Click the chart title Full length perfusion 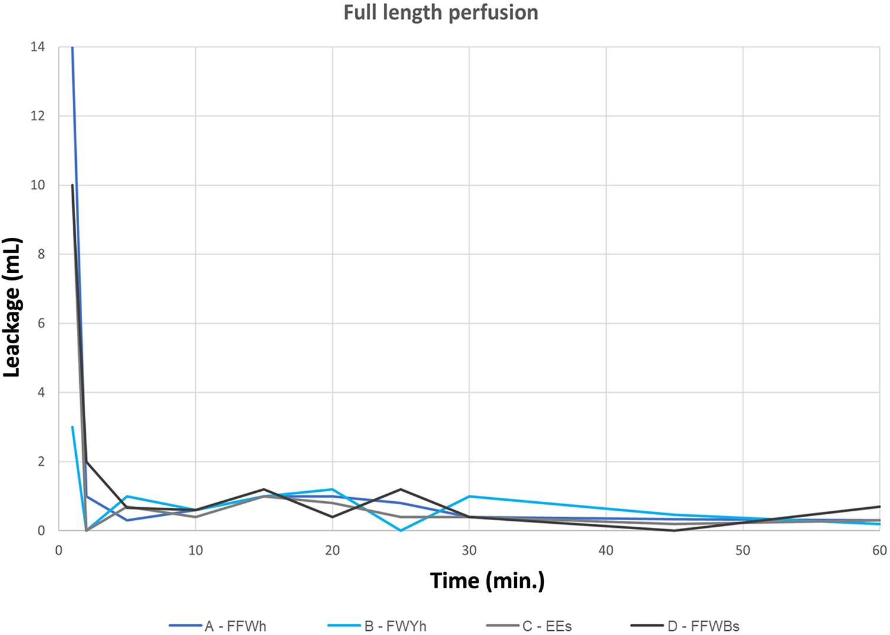pos(441,13)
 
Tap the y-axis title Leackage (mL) pos(12,307)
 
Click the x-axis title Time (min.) pos(487,581)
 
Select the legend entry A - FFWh pos(235,626)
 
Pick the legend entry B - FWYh pos(395,626)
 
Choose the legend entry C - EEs pos(547,626)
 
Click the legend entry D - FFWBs pos(703,626)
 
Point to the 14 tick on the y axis pos(38,47)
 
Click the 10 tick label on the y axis pos(38,185)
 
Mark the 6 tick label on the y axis pos(41,324)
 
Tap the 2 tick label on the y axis pos(41,462)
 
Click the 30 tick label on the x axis pos(469,550)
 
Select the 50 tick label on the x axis pos(743,550)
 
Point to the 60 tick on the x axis pos(879,550)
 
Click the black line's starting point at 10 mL pos(73,185)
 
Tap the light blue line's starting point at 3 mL pos(72,427)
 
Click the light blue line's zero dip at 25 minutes pos(400,530)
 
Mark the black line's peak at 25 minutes pos(400,489)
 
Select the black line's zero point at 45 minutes pos(674,530)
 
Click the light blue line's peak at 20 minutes pos(332,489)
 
